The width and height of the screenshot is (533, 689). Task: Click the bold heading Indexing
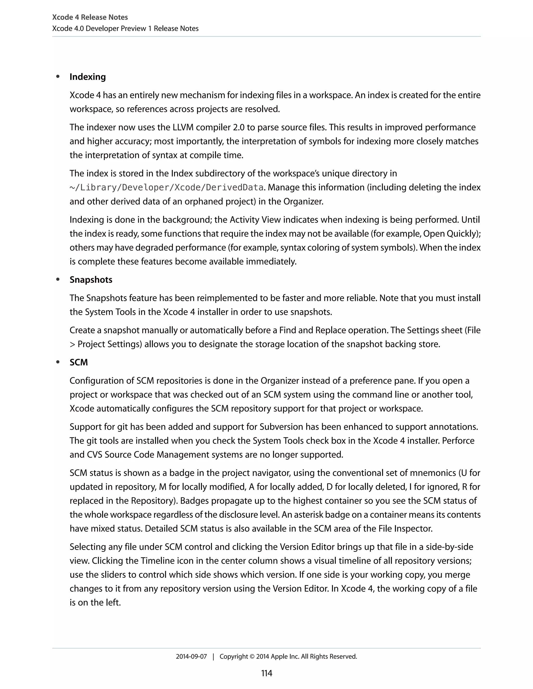point(87,77)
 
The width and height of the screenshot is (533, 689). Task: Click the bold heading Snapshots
point(91,280)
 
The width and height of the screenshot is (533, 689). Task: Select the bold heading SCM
point(79,362)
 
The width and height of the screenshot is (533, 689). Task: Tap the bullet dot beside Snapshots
point(58,279)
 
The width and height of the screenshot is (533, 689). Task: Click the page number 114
point(266,673)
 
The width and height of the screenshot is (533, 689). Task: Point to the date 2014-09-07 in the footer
point(191,656)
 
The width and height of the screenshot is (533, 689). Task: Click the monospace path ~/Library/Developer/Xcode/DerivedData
point(166,188)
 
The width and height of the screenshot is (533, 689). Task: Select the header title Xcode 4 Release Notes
point(90,17)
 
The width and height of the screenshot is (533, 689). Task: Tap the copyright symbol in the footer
point(252,656)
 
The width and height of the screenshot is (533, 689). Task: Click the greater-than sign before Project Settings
point(72,344)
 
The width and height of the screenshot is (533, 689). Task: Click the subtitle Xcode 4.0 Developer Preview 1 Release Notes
point(125,28)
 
